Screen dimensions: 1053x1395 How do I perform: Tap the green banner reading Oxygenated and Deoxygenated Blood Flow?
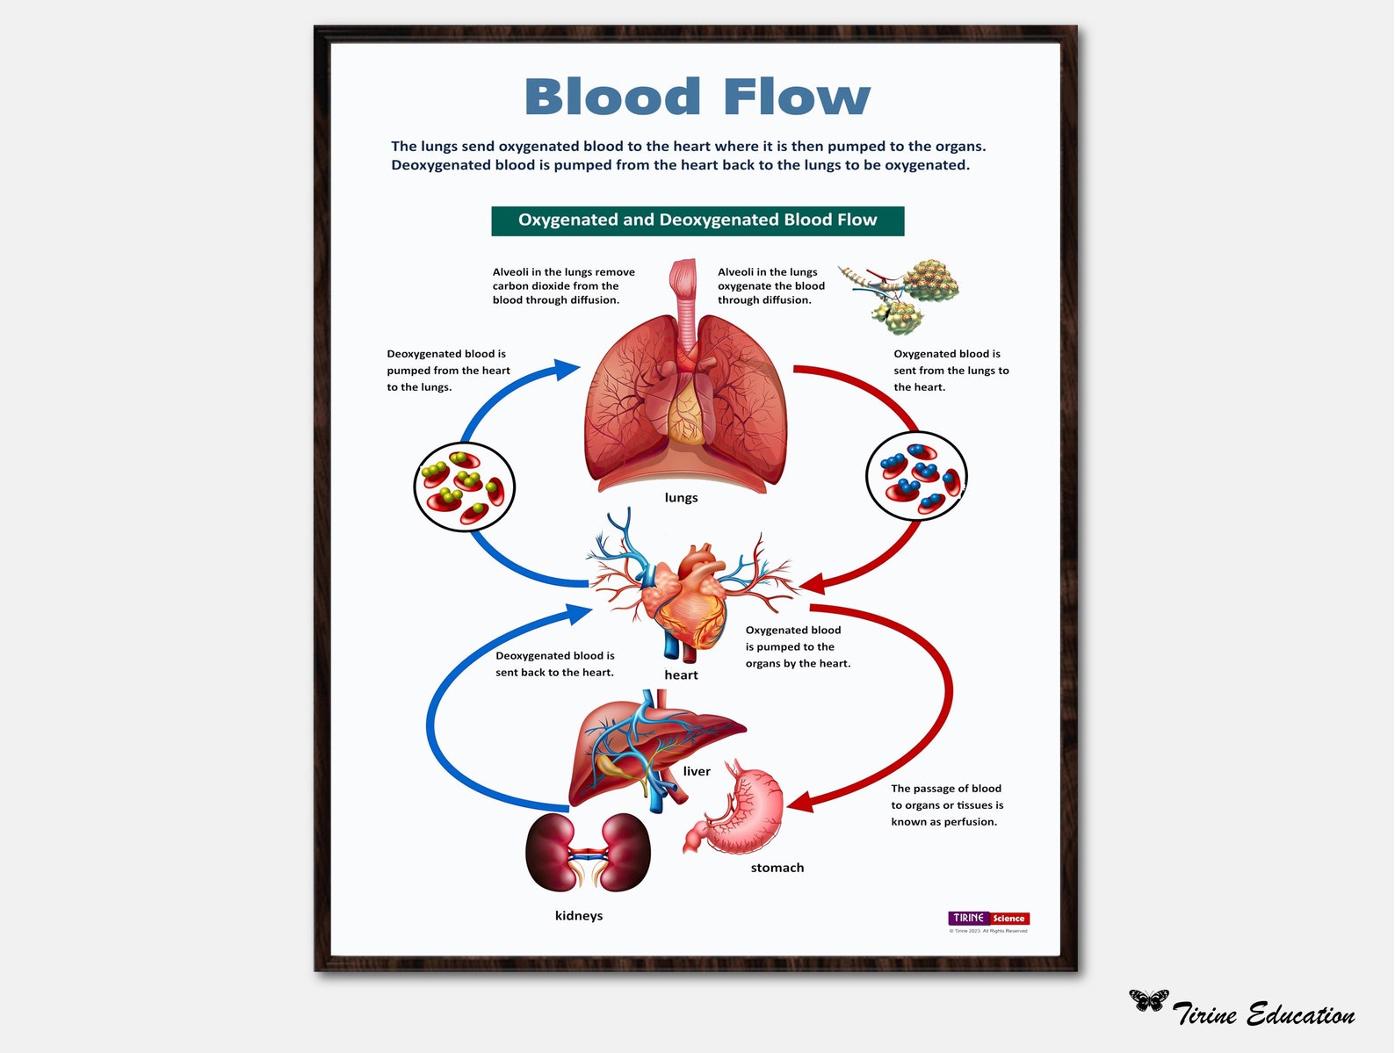tap(697, 220)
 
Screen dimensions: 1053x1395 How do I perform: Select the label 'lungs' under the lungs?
tap(681, 498)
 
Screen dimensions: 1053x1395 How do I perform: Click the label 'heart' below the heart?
tap(681, 675)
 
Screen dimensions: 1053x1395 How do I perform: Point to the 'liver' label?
tap(697, 772)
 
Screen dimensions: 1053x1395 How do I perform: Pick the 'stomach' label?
tap(777, 868)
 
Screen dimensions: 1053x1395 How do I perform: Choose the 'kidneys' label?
tap(579, 916)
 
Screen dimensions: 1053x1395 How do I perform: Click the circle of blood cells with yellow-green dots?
tap(464, 487)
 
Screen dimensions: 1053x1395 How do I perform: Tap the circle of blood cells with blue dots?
tap(916, 477)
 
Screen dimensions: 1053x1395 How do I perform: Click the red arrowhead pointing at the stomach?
tap(799, 801)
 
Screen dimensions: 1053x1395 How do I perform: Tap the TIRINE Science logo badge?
tap(988, 919)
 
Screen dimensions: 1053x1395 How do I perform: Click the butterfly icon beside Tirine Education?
tap(1148, 1000)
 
